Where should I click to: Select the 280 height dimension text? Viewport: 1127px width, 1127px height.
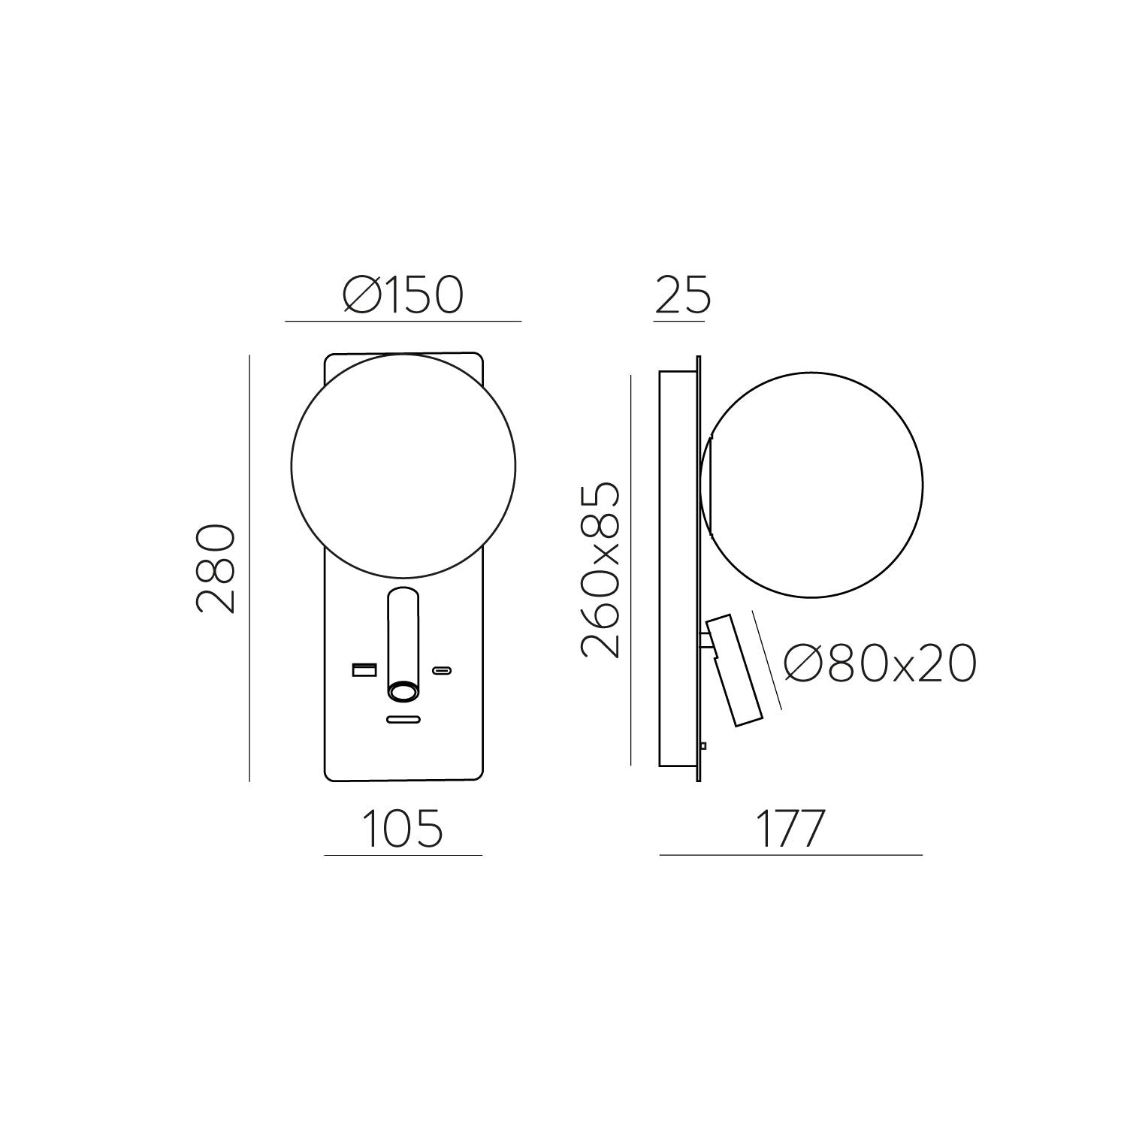point(216,569)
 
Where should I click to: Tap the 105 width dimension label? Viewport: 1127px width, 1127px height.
point(403,828)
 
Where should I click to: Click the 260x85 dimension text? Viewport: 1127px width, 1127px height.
point(601,571)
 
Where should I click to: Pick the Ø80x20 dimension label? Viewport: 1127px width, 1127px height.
point(880,663)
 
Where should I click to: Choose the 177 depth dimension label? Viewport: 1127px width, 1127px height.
point(790,828)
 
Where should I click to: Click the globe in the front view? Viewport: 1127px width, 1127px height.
point(403,467)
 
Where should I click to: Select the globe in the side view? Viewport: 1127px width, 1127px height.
point(811,485)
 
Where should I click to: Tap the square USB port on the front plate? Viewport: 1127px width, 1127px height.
point(364,669)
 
